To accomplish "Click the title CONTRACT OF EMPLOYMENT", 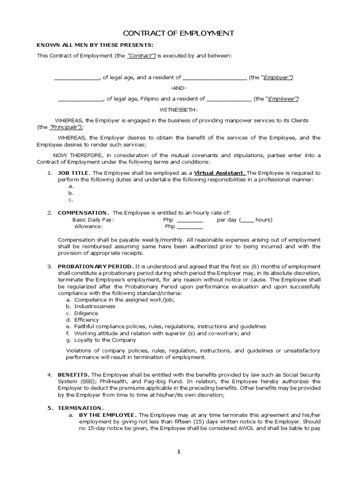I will pos(178,33).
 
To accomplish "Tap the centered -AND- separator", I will pos(178,88).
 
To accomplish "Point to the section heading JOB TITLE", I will pos(73,173).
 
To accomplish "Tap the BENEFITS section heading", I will pos(74,375).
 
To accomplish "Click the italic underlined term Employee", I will pos(282,99).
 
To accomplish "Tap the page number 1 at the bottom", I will pos(179,452).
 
